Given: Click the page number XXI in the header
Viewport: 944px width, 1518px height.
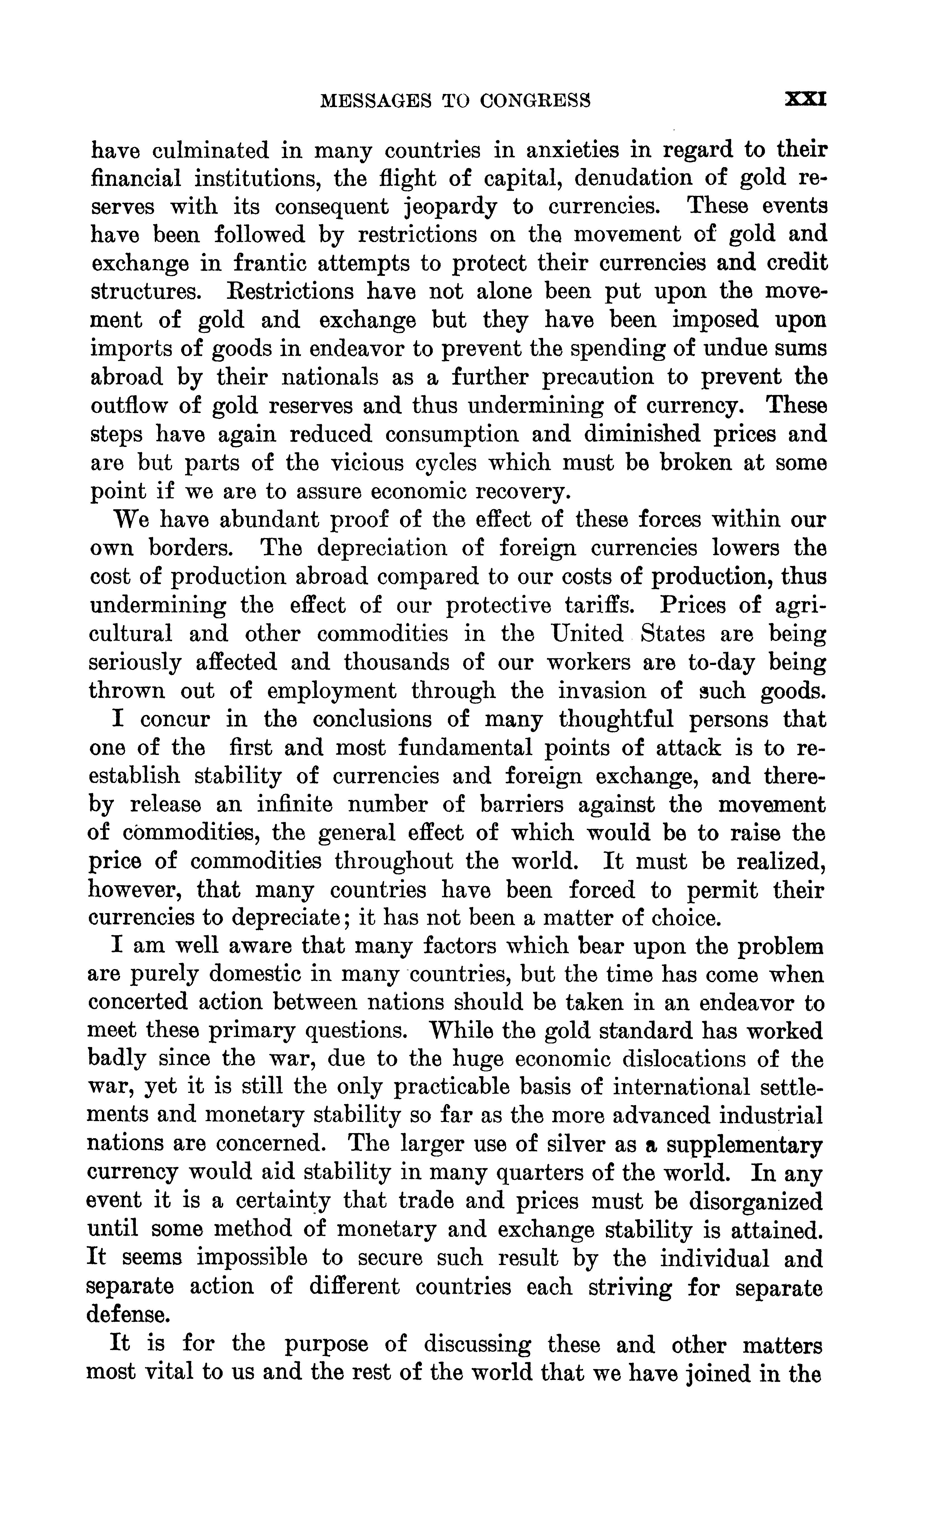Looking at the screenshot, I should (x=805, y=100).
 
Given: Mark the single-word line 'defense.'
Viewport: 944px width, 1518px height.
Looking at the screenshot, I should (x=128, y=1315).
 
